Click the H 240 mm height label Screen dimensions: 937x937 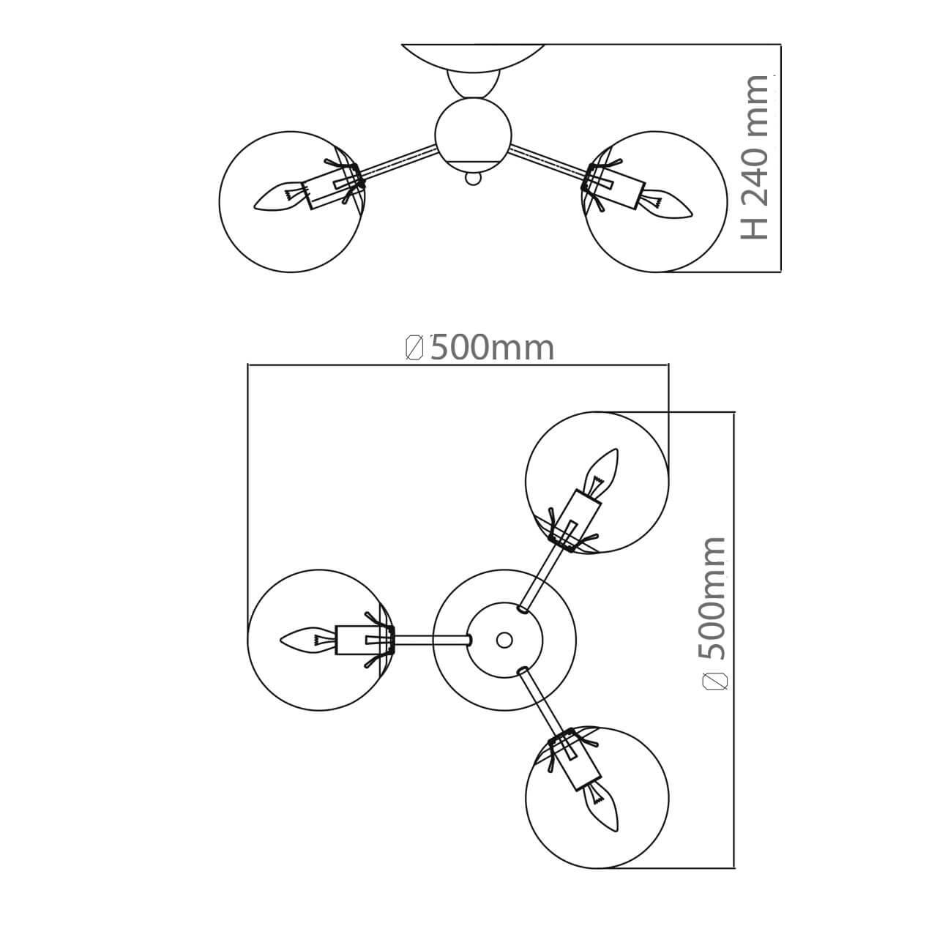click(x=754, y=157)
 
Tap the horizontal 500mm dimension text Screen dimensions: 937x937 click(x=492, y=348)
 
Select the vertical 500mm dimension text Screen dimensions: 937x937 click(x=712, y=598)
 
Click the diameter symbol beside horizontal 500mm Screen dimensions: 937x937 click(x=414, y=348)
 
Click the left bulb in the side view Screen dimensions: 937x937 click(x=280, y=198)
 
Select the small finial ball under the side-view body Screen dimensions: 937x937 click(x=473, y=179)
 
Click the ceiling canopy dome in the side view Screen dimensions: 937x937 click(x=473, y=58)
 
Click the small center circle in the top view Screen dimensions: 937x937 click(x=504, y=640)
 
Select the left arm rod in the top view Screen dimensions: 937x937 click(x=433, y=639)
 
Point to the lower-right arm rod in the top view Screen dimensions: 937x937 click(x=541, y=703)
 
